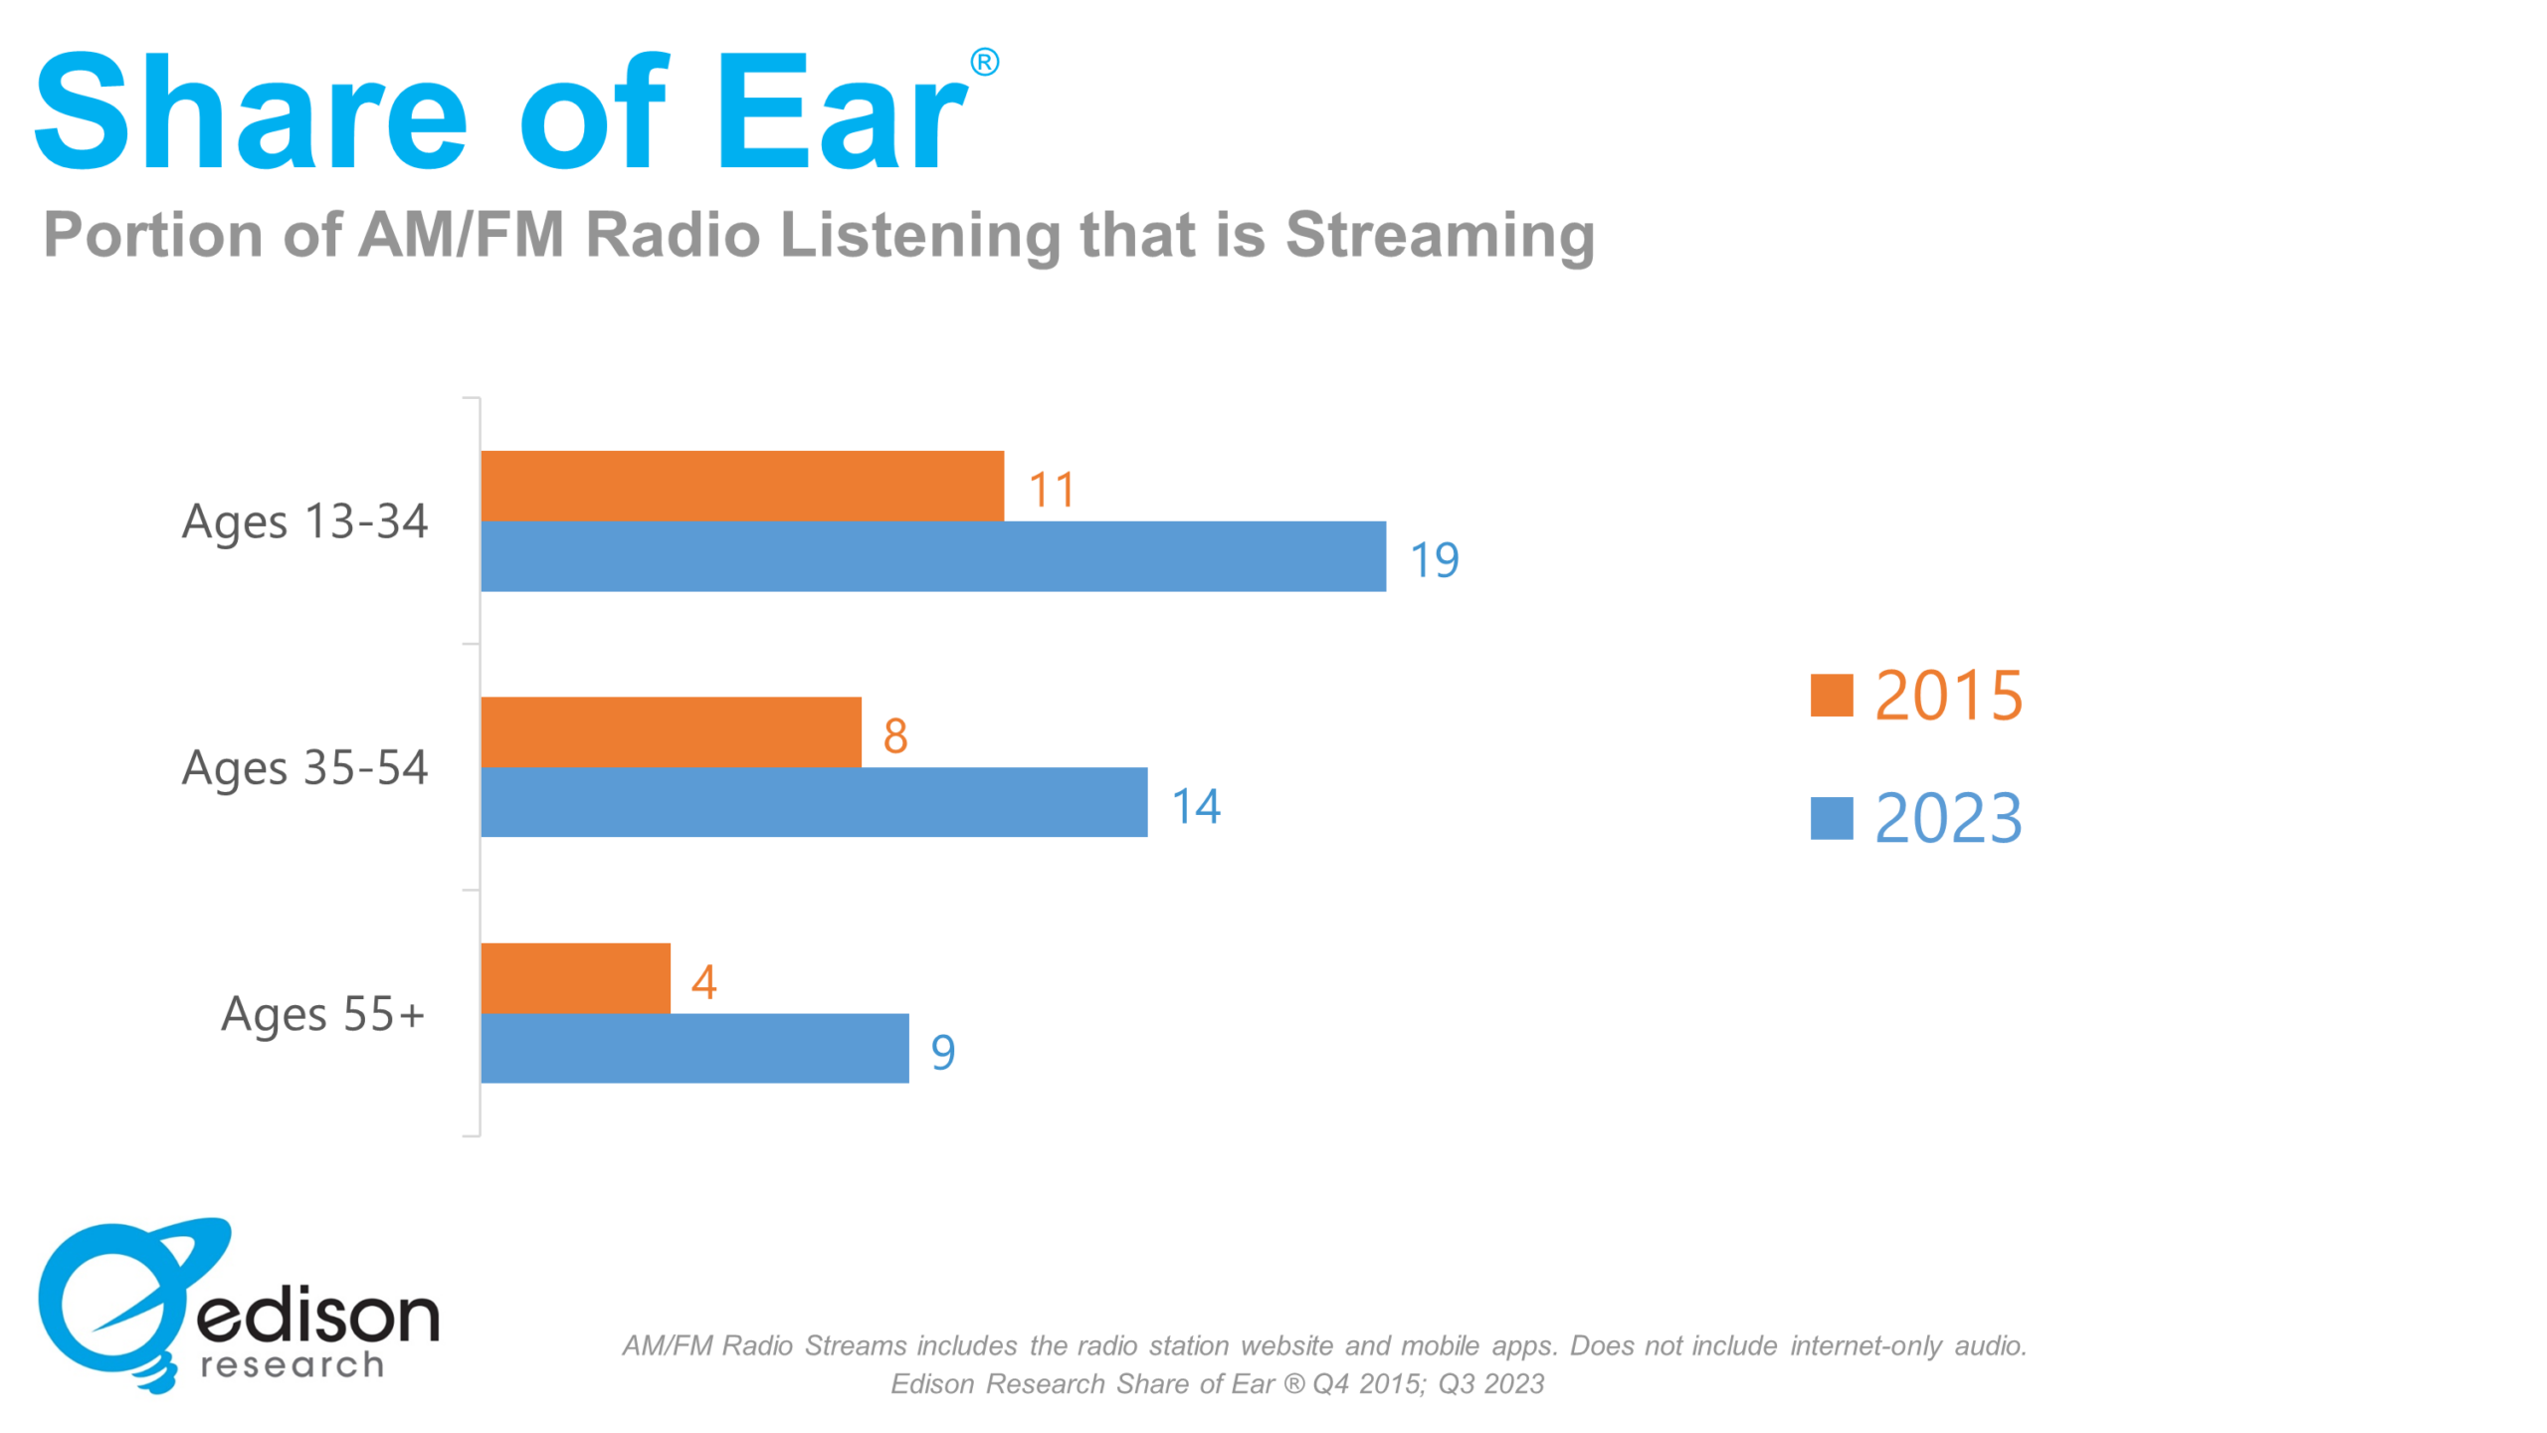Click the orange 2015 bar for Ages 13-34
[741, 486]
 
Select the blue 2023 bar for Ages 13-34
[932, 556]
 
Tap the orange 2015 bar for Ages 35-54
[671, 731]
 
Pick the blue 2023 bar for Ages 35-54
[813, 802]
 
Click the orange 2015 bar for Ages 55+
[575, 977]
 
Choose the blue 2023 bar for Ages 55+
[693, 1048]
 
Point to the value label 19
[1434, 560]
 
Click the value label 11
[1051, 490]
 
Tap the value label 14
[1195, 806]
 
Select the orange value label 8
[894, 736]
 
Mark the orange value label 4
[703, 982]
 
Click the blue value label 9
[942, 1052]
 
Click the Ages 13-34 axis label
[304, 522]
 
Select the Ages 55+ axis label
[322, 1015]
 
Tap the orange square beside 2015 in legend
[1831, 695]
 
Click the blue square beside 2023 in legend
[1831, 818]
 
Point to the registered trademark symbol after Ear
[984, 63]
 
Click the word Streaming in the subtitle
[1439, 237]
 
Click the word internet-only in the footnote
[1864, 1345]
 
